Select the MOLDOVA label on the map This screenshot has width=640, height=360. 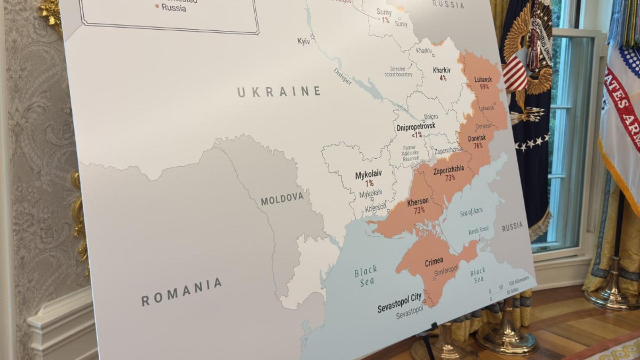coord(282,199)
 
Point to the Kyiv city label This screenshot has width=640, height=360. coord(304,41)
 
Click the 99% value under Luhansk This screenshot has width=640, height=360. coord(484,87)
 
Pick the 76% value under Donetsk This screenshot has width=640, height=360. coord(478,146)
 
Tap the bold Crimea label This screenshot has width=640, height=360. coord(434,262)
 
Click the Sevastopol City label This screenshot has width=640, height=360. coord(399,303)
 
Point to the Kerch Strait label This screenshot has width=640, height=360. coord(478,230)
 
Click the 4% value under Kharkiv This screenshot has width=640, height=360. coord(443,78)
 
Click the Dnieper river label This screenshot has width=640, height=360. coord(342,77)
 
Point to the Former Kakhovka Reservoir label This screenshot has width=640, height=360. coord(410,153)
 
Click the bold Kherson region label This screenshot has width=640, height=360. coord(418,202)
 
